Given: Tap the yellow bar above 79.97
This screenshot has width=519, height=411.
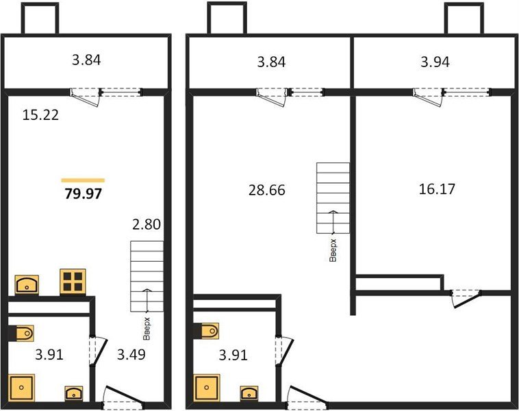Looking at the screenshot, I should tap(83, 180).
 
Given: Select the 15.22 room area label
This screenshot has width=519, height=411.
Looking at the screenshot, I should tap(40, 115).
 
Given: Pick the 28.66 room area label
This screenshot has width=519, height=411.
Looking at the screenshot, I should tap(266, 190).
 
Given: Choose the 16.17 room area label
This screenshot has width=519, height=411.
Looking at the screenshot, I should tap(437, 188).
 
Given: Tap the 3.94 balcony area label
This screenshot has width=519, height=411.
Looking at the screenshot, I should tap(434, 62).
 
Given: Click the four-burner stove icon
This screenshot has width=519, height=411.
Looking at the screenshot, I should tap(73, 281).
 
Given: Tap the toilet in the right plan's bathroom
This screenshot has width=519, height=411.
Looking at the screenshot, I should tap(207, 332).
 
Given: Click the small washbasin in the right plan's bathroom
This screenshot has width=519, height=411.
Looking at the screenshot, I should tap(249, 393).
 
